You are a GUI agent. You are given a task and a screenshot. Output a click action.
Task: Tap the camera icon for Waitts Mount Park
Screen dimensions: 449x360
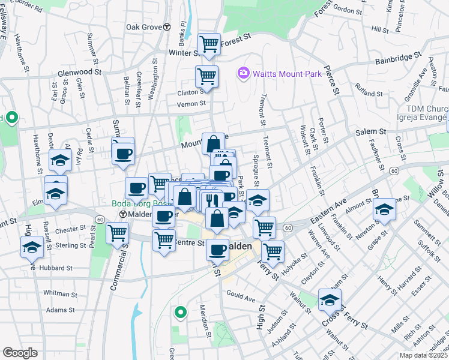tap(243, 73)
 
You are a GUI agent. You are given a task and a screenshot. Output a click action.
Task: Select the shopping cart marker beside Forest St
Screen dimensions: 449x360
tap(209, 43)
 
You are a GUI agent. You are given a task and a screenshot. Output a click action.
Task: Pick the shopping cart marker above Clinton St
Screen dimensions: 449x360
tap(206, 77)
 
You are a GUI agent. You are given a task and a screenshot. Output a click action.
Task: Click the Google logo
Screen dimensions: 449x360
tap(20, 353)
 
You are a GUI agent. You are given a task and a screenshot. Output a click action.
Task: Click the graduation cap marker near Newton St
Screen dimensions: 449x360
tap(384, 210)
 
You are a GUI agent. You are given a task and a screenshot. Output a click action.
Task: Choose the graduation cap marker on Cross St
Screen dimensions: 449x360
tap(330, 301)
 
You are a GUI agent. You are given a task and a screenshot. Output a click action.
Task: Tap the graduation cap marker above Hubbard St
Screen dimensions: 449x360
tap(32, 246)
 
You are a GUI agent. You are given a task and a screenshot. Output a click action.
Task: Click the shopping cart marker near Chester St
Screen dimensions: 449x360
tap(118, 232)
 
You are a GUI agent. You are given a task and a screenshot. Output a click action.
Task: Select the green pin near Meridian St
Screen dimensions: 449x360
tap(179, 312)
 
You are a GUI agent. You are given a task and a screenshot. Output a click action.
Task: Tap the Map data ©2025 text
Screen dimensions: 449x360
tap(423, 355)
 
